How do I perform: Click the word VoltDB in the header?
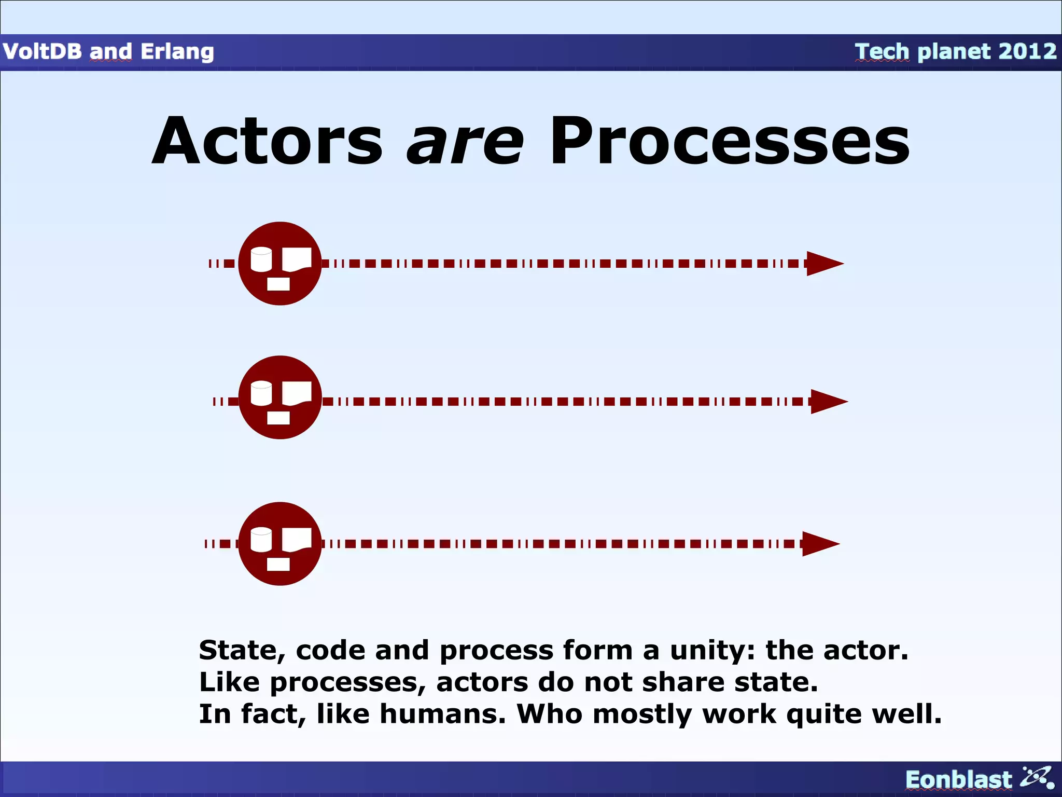point(42,51)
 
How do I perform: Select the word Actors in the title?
point(268,141)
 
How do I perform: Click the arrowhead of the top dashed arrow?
point(823,264)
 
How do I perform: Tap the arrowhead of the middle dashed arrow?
point(828,402)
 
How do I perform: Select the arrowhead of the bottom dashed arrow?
point(819,544)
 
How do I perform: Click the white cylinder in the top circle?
point(261,259)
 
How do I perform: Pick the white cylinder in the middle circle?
point(261,393)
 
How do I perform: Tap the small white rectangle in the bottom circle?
point(278,564)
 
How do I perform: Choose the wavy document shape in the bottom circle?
point(297,540)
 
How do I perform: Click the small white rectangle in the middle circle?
point(278,418)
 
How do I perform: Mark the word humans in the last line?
point(442,714)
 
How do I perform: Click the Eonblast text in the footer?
point(958,780)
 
